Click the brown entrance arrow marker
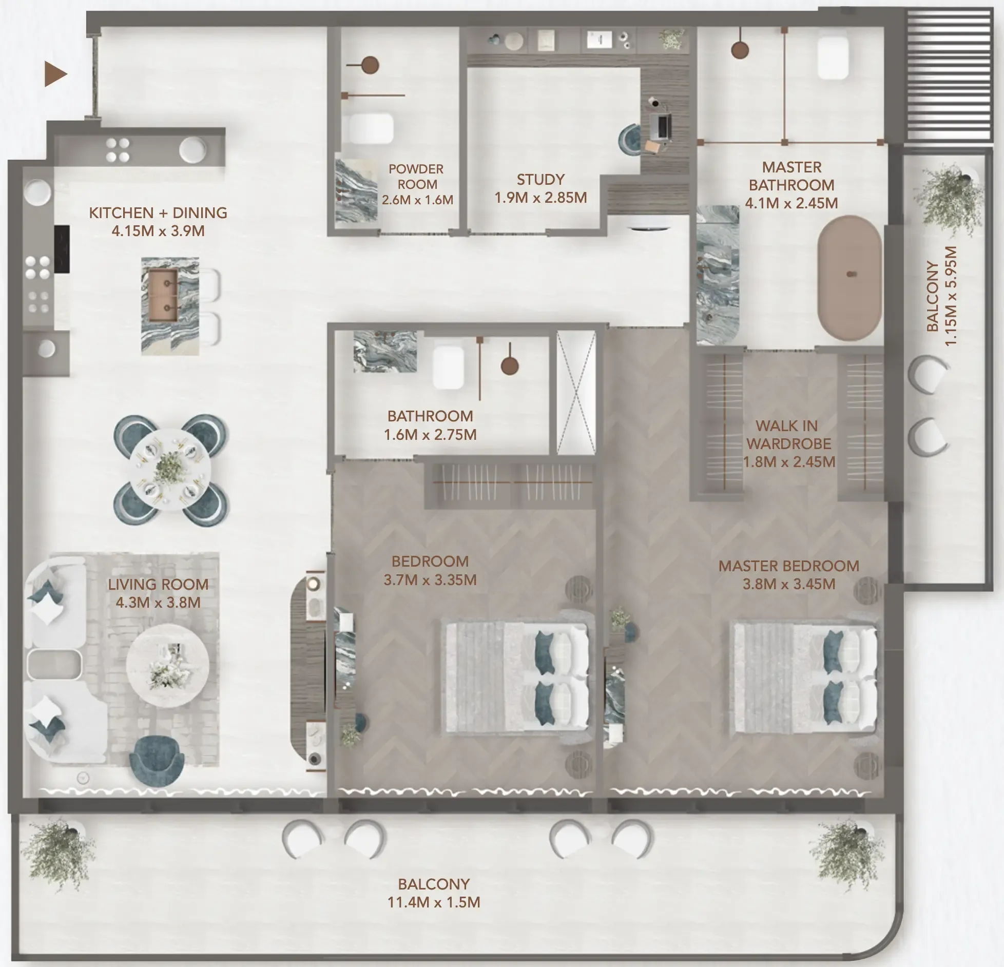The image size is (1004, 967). [55, 74]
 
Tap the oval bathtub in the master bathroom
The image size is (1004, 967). [849, 278]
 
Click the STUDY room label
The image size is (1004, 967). [540, 180]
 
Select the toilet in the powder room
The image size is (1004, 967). [371, 128]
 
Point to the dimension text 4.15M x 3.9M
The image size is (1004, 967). [158, 231]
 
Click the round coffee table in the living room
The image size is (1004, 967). [167, 665]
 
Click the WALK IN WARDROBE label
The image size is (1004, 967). [788, 434]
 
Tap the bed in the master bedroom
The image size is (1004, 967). [803, 677]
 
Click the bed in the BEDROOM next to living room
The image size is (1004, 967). [515, 677]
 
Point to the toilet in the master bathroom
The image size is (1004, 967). [833, 57]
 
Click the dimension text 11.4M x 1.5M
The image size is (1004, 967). [434, 902]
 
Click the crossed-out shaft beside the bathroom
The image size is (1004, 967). [576, 393]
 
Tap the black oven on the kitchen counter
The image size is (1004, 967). [62, 249]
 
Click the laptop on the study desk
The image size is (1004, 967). [663, 126]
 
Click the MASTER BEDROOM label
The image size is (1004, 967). [788, 566]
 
